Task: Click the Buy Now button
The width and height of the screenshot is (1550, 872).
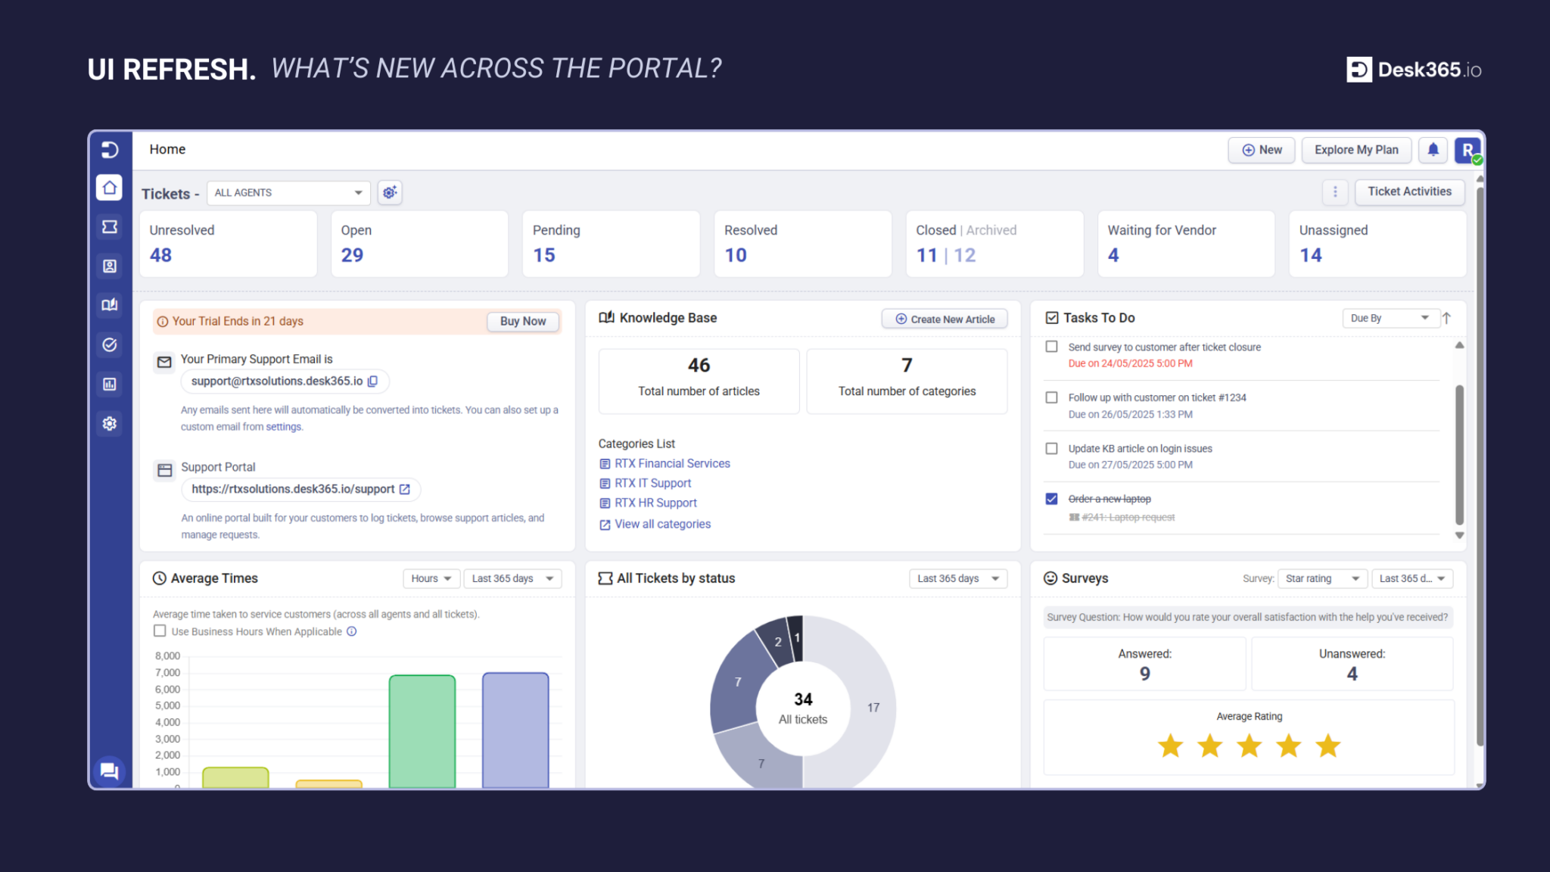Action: pyautogui.click(x=522, y=321)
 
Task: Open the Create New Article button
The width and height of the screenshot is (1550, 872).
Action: pyautogui.click(x=945, y=319)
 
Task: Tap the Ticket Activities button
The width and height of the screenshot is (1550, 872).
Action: pyautogui.click(x=1409, y=192)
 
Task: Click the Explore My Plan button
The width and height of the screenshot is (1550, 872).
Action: pyautogui.click(x=1356, y=150)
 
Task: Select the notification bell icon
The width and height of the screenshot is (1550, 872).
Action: pyautogui.click(x=1433, y=150)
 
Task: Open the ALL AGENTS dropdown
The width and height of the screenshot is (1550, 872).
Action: pyautogui.click(x=288, y=193)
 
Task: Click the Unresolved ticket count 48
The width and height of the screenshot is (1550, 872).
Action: pyautogui.click(x=160, y=255)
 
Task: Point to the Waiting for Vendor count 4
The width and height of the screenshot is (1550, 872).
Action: pyautogui.click(x=1113, y=255)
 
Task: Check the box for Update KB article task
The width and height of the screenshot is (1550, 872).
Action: pyautogui.click(x=1051, y=448)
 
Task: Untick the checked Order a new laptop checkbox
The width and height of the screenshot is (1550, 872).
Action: pyautogui.click(x=1051, y=499)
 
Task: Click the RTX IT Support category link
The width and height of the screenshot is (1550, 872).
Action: pyautogui.click(x=652, y=483)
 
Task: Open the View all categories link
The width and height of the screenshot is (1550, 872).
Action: pyautogui.click(x=662, y=524)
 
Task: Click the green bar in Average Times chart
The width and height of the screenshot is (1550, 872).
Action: pyautogui.click(x=422, y=730)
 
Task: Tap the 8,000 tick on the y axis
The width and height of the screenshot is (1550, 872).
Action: pyautogui.click(x=167, y=656)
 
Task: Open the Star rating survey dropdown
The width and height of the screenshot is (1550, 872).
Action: pyautogui.click(x=1322, y=578)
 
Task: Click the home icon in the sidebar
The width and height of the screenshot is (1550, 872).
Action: pyautogui.click(x=110, y=187)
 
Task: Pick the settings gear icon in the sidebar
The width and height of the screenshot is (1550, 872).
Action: pyautogui.click(x=110, y=423)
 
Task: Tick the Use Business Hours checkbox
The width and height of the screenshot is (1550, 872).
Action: pyautogui.click(x=160, y=631)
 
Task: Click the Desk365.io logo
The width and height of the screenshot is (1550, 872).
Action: pyautogui.click(x=1413, y=70)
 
